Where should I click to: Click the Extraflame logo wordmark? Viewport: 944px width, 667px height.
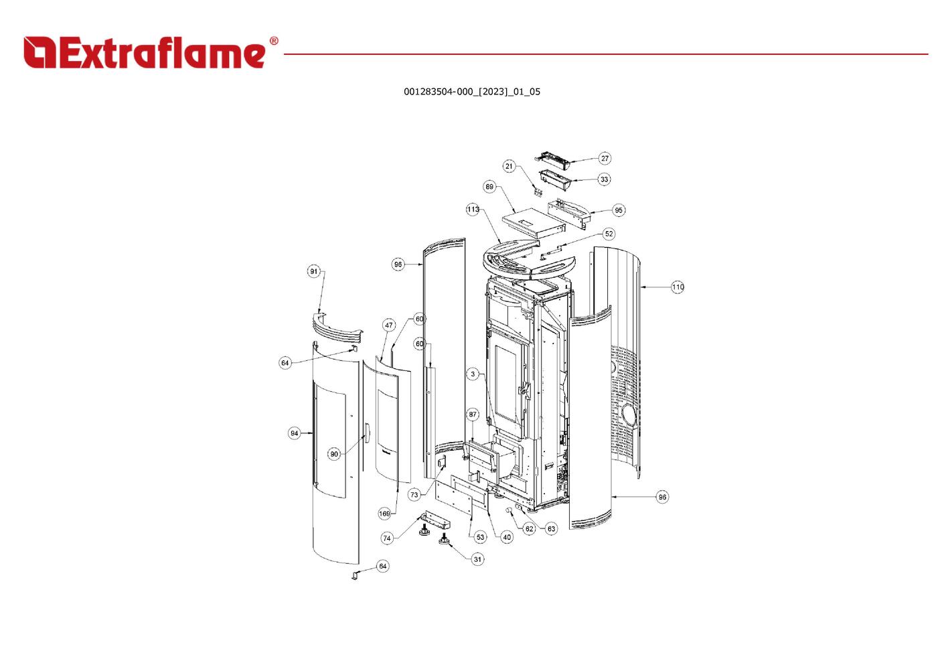point(144,53)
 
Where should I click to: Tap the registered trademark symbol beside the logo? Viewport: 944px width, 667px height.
point(274,41)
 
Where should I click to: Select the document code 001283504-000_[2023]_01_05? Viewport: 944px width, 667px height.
point(471,92)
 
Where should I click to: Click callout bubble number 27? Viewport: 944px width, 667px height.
point(605,158)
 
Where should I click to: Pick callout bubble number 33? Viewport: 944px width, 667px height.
point(605,179)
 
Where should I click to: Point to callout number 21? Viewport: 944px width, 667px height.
point(509,166)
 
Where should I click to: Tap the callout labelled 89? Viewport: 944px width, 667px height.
point(489,186)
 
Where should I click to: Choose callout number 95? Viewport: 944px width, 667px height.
point(618,210)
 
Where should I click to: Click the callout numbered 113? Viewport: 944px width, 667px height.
point(473,209)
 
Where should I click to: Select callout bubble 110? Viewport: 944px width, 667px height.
point(678,287)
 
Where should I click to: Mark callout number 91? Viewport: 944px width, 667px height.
point(313,271)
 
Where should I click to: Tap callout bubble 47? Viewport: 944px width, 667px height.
point(388,325)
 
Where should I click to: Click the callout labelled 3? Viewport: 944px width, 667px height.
point(473,374)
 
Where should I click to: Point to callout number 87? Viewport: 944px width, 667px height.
point(473,415)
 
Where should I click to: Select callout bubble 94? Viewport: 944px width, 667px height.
point(294,433)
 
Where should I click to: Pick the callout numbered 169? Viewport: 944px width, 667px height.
point(384,514)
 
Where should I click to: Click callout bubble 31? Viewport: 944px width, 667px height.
point(477,559)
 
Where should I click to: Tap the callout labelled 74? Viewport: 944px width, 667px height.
point(387,538)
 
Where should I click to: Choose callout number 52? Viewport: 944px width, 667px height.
point(609,234)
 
